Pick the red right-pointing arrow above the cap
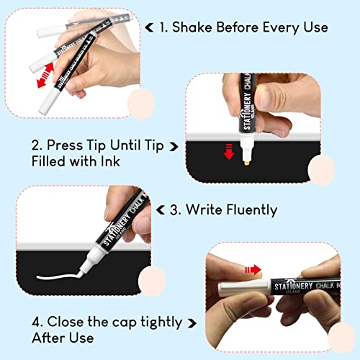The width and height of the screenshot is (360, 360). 252,269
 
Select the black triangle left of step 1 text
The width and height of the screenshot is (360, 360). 149,28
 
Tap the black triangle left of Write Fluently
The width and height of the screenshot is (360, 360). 173,210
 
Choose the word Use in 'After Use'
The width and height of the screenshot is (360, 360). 80,336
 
